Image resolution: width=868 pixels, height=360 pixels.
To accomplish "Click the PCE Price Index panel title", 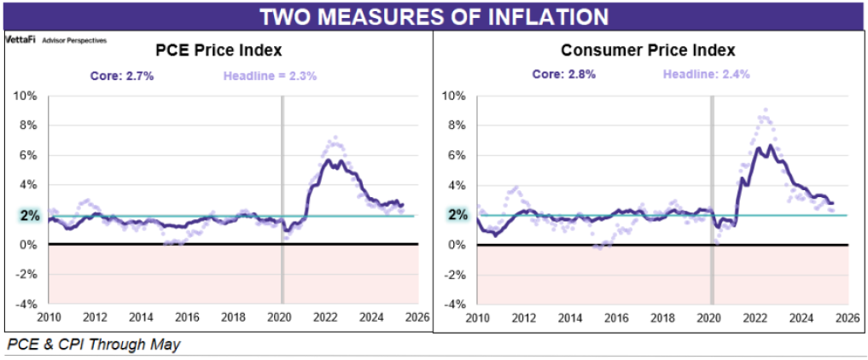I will (x=217, y=50).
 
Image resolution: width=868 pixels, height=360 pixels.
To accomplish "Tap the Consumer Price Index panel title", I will (x=647, y=50).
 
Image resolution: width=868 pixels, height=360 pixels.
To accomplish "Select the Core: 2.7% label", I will (x=122, y=75).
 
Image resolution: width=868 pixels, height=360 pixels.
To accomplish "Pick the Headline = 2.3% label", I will (x=270, y=75).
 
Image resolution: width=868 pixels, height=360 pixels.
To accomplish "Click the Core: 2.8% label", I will (x=563, y=74).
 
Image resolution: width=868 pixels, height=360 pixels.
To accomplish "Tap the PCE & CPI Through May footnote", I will (x=94, y=345).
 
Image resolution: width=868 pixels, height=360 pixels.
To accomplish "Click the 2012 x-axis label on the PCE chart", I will (x=95, y=318).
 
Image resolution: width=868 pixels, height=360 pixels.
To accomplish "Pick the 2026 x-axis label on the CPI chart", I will (x=846, y=318).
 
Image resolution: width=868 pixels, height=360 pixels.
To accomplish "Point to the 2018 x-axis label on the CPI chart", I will (x=661, y=318).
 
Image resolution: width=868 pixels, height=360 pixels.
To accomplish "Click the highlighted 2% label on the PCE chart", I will (x=29, y=215).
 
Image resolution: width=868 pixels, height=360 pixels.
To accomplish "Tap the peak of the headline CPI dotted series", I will (x=766, y=110).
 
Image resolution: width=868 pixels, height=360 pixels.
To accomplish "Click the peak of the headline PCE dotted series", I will (x=335, y=137).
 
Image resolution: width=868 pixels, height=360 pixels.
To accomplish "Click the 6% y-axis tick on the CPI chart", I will (x=458, y=155).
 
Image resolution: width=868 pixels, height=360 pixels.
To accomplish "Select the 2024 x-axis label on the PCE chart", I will (x=373, y=318).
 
